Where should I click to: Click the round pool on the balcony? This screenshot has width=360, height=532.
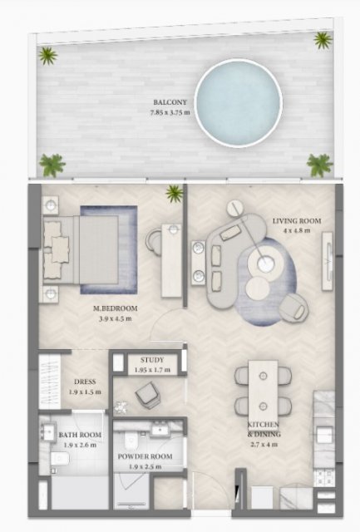coord(239,103)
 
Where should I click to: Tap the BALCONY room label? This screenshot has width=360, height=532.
coord(170,102)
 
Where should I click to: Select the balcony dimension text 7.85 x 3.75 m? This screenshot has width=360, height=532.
coord(170,112)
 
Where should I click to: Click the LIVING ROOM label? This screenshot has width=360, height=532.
coord(297,221)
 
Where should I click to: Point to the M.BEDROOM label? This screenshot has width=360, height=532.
coord(116,308)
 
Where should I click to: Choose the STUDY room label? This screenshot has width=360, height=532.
coord(152,360)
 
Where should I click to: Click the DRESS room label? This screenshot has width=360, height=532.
coord(85,382)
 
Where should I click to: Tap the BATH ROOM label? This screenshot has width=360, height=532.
coord(80,435)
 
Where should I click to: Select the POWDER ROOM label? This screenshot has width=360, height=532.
coord(145,456)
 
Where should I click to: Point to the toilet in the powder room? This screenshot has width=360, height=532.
coord(131,441)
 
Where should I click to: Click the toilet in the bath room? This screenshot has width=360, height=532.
coord(60,459)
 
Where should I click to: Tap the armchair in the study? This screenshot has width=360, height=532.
coord(148,393)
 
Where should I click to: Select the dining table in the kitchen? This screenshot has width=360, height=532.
coord(263,391)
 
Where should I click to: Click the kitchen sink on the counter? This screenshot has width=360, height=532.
coord(324,435)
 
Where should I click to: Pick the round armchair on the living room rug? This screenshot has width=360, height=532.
coord(293,308)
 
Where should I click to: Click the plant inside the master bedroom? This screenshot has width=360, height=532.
coord(175,193)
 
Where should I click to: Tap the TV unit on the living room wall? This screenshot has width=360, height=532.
coord(328,261)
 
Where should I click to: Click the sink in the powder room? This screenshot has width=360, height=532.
coord(159,429)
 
